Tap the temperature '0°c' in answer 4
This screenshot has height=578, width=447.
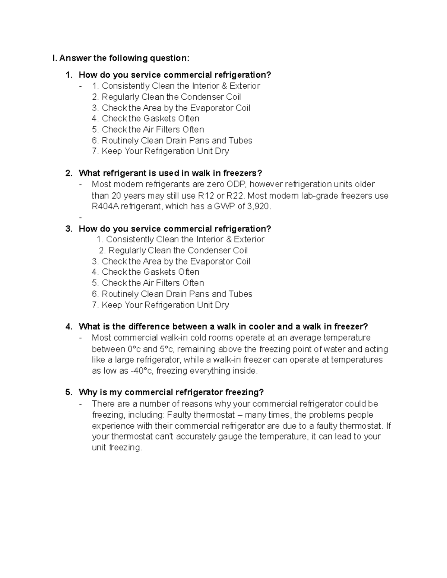(x=134, y=349)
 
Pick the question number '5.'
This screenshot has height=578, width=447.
(x=69, y=392)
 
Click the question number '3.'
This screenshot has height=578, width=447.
(x=69, y=229)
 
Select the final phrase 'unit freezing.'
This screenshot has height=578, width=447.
(x=117, y=448)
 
